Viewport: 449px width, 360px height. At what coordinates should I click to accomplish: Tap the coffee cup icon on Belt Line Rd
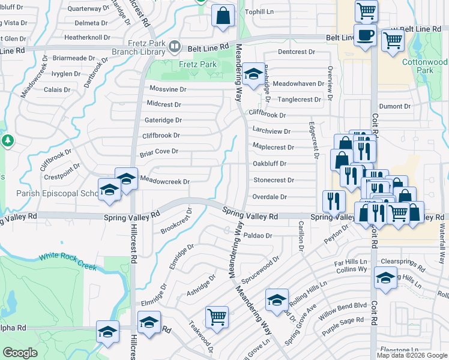tap(364, 35)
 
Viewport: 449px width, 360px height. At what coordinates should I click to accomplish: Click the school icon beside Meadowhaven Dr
tap(254, 74)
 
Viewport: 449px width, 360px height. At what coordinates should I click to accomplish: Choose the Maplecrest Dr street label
tap(273, 147)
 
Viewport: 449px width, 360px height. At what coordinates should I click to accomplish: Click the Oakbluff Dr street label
tap(270, 163)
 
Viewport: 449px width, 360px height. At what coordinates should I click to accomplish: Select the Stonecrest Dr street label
tap(273, 179)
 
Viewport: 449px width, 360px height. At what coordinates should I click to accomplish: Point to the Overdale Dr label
tap(270, 196)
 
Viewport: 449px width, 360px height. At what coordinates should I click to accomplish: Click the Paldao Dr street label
tap(259, 236)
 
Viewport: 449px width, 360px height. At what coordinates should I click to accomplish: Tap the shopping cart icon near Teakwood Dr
tap(217, 316)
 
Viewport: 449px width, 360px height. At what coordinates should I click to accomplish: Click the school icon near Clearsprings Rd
tap(385, 278)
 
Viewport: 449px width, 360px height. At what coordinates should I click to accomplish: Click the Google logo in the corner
tap(20, 353)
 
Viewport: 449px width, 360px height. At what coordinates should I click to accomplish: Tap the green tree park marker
tap(7, 141)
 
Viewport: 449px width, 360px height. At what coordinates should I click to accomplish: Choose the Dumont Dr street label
tap(395, 106)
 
